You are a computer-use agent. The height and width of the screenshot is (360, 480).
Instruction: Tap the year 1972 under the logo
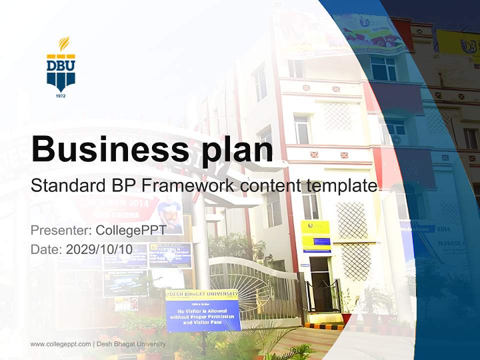(x=61, y=95)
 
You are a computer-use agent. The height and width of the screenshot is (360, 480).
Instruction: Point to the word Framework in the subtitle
(x=188, y=186)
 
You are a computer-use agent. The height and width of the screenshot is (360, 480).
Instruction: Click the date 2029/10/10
(x=99, y=249)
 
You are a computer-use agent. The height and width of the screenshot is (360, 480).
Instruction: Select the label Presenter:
(x=60, y=230)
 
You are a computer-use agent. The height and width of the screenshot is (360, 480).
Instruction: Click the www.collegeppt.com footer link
(x=60, y=344)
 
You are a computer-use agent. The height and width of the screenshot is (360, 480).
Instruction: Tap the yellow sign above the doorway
(x=315, y=235)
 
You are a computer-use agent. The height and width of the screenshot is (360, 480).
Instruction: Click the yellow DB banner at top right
(x=457, y=44)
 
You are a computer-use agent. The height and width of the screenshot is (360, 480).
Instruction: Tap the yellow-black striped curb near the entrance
(x=325, y=326)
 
